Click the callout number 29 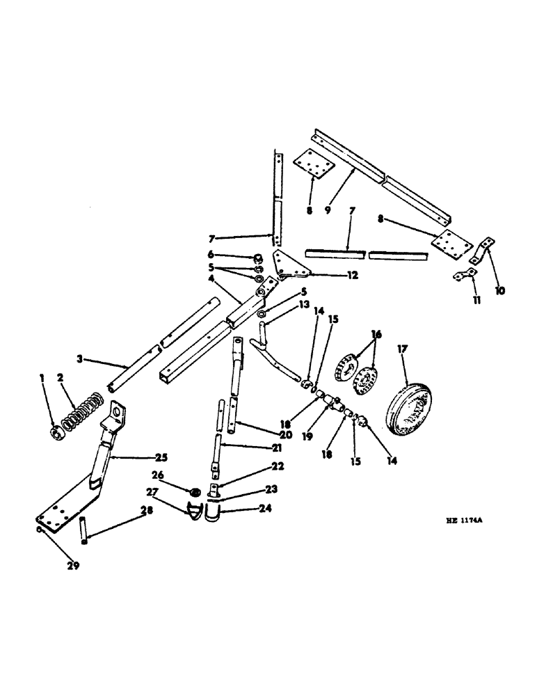(73, 566)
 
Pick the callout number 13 (284, 305)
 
